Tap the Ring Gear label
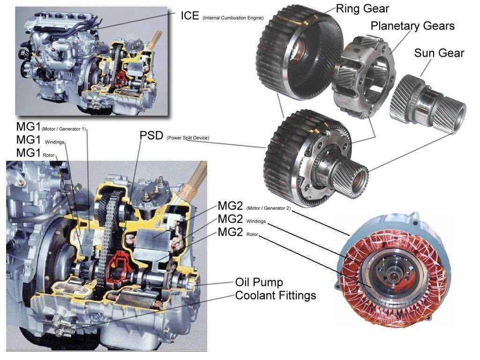point(362,8)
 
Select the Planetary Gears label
point(412,26)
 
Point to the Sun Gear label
point(439,53)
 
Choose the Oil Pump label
point(259,283)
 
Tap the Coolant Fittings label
point(275,296)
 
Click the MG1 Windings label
point(40,140)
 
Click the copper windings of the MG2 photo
point(352,281)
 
